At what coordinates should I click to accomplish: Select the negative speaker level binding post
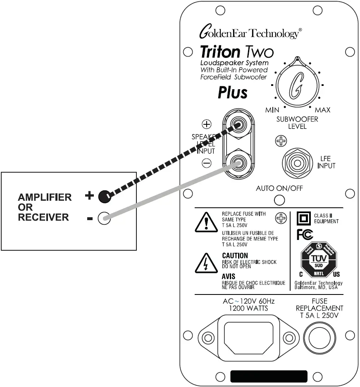pyautogui.click(x=238, y=163)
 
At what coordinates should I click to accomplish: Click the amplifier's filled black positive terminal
pyautogui.click(x=105, y=197)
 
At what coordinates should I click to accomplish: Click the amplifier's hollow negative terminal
pyautogui.click(x=104, y=218)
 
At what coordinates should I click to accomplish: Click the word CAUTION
pyautogui.click(x=235, y=256)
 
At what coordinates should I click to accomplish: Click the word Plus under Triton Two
pyautogui.click(x=233, y=93)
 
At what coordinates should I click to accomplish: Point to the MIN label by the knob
pyautogui.click(x=272, y=110)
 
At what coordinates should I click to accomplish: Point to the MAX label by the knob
pyautogui.click(x=322, y=110)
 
